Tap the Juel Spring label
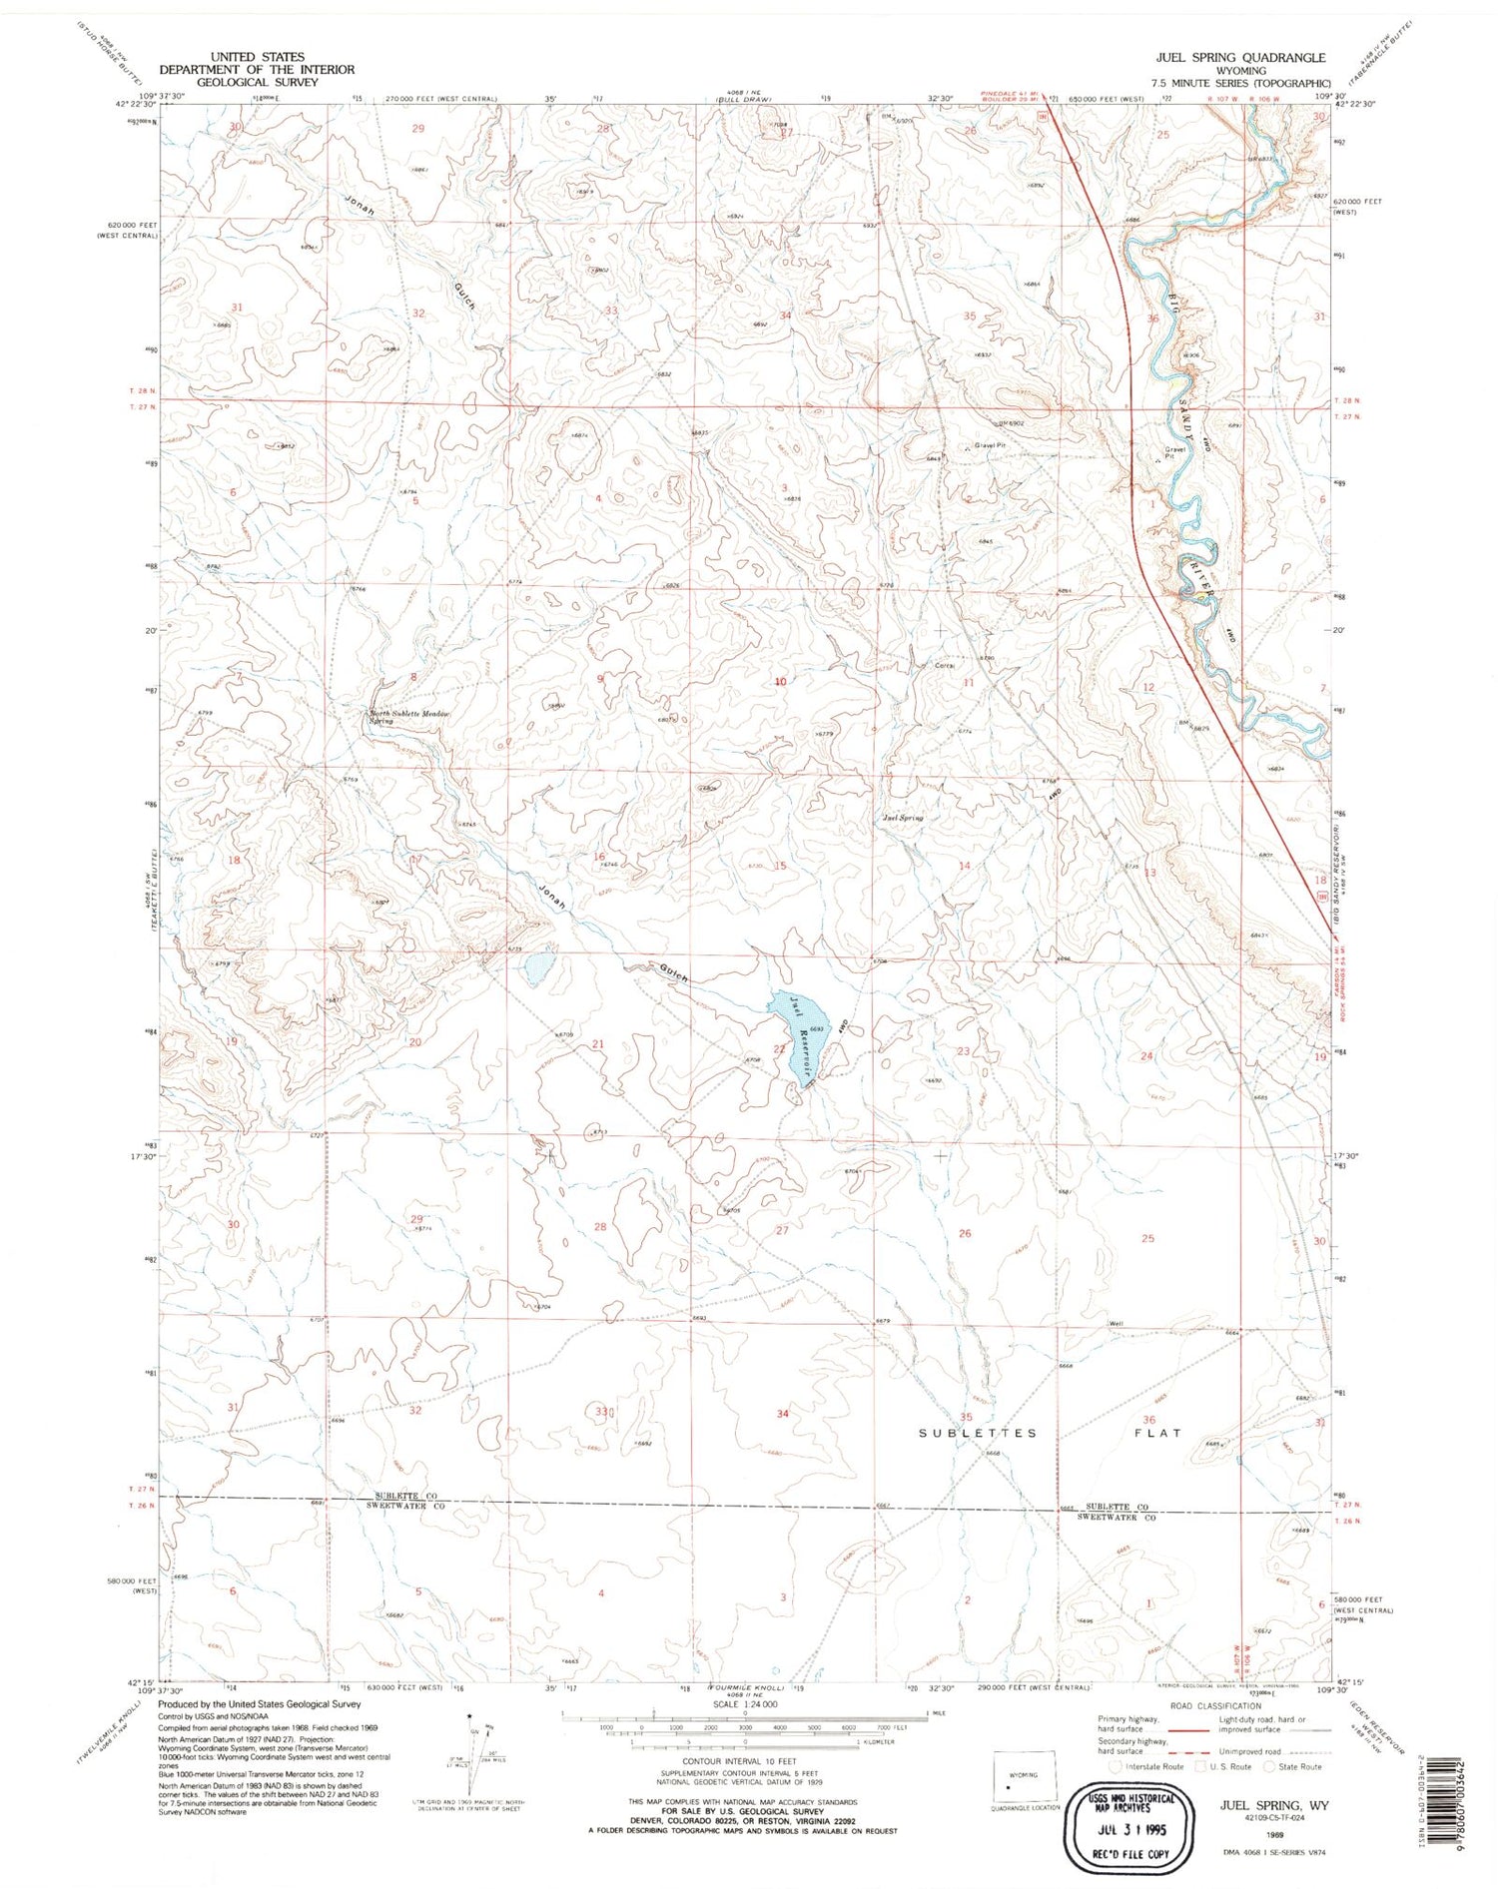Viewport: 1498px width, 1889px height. coord(903,818)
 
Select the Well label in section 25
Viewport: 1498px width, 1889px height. coord(1116,1324)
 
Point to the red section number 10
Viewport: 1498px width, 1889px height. coord(780,682)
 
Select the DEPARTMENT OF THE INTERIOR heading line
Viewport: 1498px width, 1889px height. coord(258,70)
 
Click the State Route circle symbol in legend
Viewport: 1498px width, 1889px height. coord(1270,1766)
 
